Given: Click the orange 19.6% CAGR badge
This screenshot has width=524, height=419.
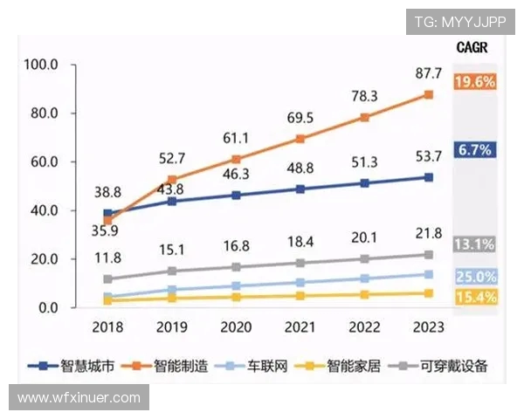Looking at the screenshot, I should click(x=475, y=82).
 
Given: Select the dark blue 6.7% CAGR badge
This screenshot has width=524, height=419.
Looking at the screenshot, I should click(x=475, y=150).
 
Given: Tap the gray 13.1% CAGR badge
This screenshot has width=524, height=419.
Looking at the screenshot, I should click(x=475, y=244).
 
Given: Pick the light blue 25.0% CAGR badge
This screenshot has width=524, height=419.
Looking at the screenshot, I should click(x=475, y=277).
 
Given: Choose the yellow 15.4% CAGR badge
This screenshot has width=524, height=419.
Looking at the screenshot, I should click(x=475, y=298).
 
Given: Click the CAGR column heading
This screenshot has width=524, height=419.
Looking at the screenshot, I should click(x=472, y=47).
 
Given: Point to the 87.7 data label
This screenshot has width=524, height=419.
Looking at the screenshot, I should click(x=428, y=73).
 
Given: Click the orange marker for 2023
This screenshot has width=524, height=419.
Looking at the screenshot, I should click(x=429, y=94).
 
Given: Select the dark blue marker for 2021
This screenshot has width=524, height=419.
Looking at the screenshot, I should click(x=300, y=189).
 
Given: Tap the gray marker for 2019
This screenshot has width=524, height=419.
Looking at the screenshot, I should click(x=172, y=271).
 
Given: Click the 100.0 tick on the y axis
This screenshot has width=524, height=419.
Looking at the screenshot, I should click(x=41, y=65).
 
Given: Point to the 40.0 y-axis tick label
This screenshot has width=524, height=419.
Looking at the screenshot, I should click(x=41, y=210).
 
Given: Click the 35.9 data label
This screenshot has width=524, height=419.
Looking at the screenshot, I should click(x=107, y=231).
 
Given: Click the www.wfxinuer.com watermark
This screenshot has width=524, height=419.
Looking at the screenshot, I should click(x=79, y=397).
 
